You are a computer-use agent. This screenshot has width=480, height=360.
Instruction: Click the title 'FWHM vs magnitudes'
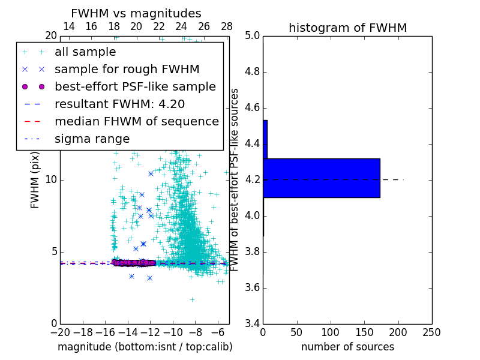click(x=136, y=13)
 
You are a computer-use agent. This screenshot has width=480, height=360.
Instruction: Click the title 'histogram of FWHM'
click(x=347, y=28)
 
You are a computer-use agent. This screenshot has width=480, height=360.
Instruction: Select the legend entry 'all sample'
click(x=85, y=52)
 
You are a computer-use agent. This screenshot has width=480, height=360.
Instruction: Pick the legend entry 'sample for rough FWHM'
click(x=127, y=70)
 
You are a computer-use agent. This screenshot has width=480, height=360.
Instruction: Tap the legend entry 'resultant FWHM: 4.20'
click(x=119, y=104)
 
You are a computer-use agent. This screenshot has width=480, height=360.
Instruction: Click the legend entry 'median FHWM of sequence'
click(x=136, y=122)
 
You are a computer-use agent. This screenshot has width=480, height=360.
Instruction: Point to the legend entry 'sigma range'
click(x=92, y=139)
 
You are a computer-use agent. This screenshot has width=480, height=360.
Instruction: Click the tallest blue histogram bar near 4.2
click(x=321, y=178)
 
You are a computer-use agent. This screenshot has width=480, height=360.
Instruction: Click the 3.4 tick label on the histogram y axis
click(x=252, y=323)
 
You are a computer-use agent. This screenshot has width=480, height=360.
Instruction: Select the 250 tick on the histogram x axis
click(x=431, y=332)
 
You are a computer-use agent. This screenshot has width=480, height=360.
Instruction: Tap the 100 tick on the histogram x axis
click(x=331, y=332)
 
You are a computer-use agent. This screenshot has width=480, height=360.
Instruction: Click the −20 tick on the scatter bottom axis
click(x=60, y=332)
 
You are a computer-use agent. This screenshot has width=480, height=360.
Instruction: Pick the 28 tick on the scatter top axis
click(x=226, y=27)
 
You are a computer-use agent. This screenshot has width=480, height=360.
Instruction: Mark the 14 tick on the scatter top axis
click(x=68, y=27)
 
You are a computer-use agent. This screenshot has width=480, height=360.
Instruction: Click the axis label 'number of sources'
click(x=347, y=347)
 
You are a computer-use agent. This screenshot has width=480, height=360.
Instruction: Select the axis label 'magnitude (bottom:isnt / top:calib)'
click(x=145, y=347)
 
